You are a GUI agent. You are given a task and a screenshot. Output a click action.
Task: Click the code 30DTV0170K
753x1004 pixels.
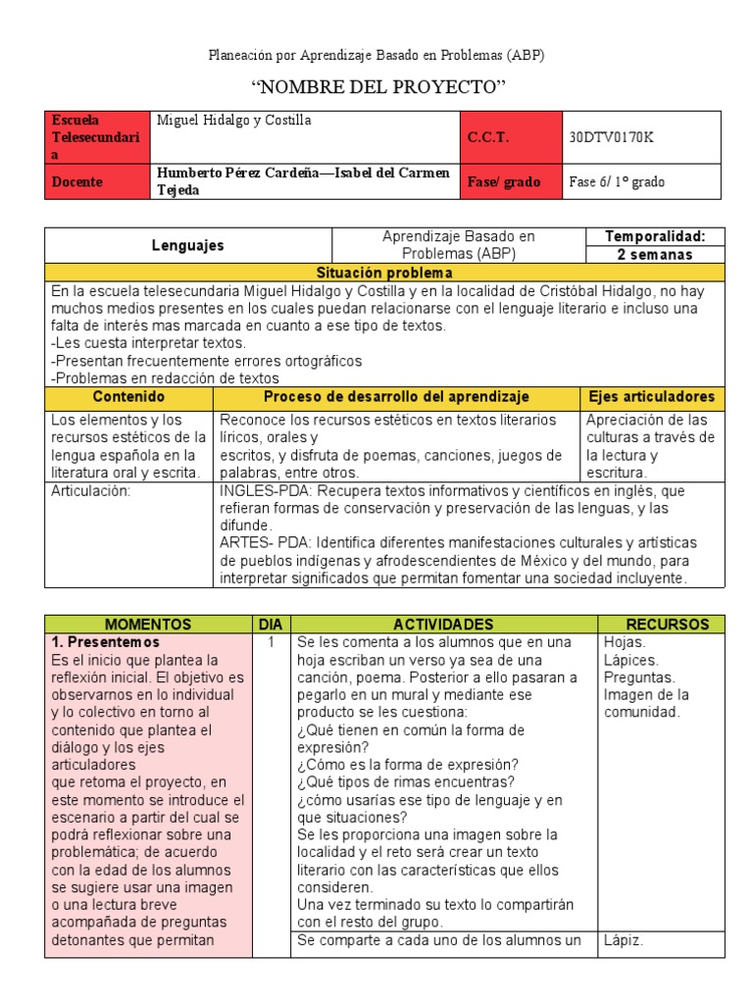(611, 137)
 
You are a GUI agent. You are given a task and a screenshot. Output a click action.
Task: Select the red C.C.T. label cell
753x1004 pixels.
(511, 137)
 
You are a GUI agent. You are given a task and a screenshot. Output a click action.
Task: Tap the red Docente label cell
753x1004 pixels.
(96, 181)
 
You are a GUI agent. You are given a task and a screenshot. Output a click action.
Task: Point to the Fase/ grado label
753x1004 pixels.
(504, 181)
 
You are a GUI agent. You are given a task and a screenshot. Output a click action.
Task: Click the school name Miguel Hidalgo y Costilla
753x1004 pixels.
(234, 121)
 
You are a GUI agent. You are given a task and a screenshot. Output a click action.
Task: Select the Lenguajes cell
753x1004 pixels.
(188, 246)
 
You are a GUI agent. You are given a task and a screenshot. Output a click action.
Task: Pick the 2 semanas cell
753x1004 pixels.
(653, 255)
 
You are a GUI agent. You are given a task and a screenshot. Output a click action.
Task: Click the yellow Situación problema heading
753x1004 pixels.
(384, 273)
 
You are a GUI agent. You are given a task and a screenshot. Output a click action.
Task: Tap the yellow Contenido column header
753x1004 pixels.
(128, 397)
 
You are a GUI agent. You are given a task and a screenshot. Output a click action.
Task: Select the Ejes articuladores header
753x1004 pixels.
(652, 397)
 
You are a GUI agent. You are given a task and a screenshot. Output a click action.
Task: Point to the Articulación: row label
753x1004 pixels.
(90, 490)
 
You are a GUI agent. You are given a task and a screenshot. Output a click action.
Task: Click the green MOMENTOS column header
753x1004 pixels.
(148, 625)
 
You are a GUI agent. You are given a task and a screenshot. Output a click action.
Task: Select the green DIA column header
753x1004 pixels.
(270, 625)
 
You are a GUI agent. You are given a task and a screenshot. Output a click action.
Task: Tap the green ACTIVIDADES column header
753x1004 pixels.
(443, 625)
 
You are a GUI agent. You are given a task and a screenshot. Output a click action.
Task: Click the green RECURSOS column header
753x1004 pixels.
(661, 625)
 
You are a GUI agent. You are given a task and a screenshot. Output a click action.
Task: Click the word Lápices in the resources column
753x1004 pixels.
(631, 660)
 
